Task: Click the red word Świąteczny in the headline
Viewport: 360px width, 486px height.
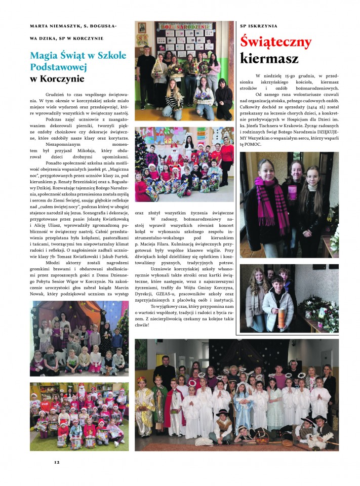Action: [x=276, y=42]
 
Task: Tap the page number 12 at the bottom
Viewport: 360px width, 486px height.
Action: [x=57, y=462]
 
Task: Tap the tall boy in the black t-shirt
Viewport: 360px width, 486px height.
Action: [x=146, y=76]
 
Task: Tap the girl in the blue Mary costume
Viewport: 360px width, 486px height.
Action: [x=242, y=405]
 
